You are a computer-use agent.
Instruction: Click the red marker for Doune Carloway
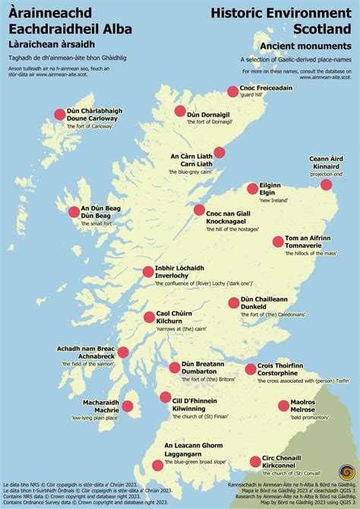point(59,114)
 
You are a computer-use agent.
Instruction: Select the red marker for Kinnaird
point(326,185)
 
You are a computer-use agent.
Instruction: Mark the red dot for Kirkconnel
point(254,461)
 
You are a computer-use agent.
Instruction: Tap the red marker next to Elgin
point(253,188)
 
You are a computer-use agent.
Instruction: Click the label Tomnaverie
point(308,247)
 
